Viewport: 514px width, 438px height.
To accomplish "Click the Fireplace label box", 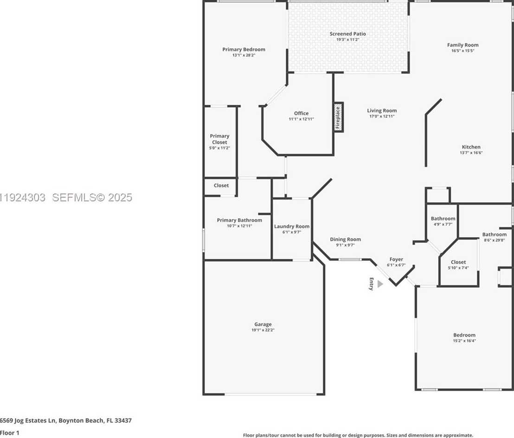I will click(x=338, y=117).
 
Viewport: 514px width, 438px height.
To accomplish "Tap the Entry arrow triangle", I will click(x=380, y=283).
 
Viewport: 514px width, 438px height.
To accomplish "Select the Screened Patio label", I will click(x=347, y=34).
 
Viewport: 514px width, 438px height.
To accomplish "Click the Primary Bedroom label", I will click(x=244, y=50).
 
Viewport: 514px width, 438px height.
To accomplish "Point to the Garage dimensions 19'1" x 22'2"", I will click(x=263, y=330).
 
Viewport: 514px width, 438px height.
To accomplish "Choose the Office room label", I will click(x=301, y=113).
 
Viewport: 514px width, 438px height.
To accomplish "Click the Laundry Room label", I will click(x=291, y=226).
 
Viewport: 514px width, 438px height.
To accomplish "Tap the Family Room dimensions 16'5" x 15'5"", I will click(x=463, y=51).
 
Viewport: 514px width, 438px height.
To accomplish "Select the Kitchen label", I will click(x=471, y=147).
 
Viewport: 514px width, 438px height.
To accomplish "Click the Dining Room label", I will click(x=345, y=239).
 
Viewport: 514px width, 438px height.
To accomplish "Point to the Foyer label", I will click(x=396, y=259).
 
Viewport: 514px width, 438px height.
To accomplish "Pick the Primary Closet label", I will click(x=219, y=139).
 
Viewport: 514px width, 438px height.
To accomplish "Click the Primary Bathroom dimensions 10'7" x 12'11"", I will click(x=239, y=226).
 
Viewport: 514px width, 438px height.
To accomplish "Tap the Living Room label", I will click(x=382, y=110).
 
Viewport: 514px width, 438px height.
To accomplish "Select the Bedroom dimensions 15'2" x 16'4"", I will click(x=464, y=341).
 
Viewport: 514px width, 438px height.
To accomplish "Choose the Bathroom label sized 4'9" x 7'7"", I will click(x=443, y=219).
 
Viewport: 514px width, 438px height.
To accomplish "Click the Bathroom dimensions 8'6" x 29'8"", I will click(x=494, y=240).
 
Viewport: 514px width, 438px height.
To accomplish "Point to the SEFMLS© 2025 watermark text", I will click(x=92, y=198).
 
